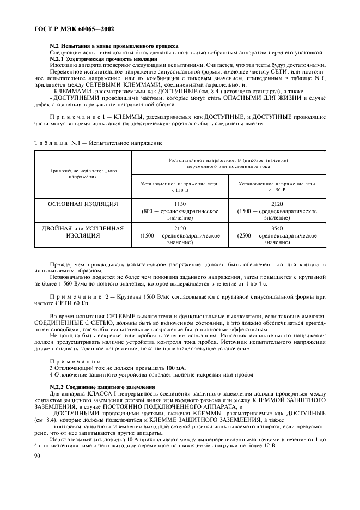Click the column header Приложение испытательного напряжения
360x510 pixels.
83,174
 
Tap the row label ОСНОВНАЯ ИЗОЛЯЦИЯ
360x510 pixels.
83,204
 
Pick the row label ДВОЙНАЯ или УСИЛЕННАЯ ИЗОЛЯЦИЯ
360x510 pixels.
83,232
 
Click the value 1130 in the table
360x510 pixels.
179,204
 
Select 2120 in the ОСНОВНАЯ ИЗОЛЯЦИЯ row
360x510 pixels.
277,204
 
